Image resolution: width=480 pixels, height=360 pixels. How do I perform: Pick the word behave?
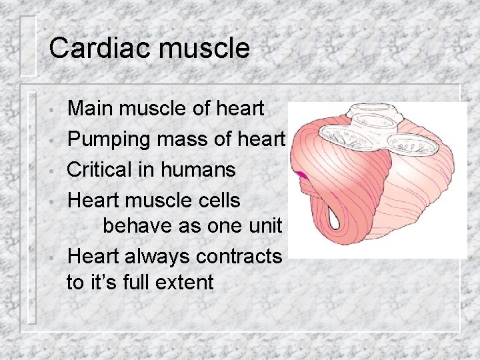(x=137, y=225)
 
